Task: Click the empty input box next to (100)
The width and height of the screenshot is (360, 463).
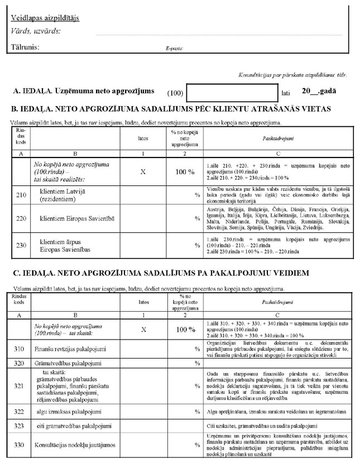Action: [x=232, y=92]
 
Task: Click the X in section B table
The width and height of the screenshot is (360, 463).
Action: [x=143, y=172]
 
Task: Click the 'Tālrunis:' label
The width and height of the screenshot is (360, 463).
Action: [x=25, y=47]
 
